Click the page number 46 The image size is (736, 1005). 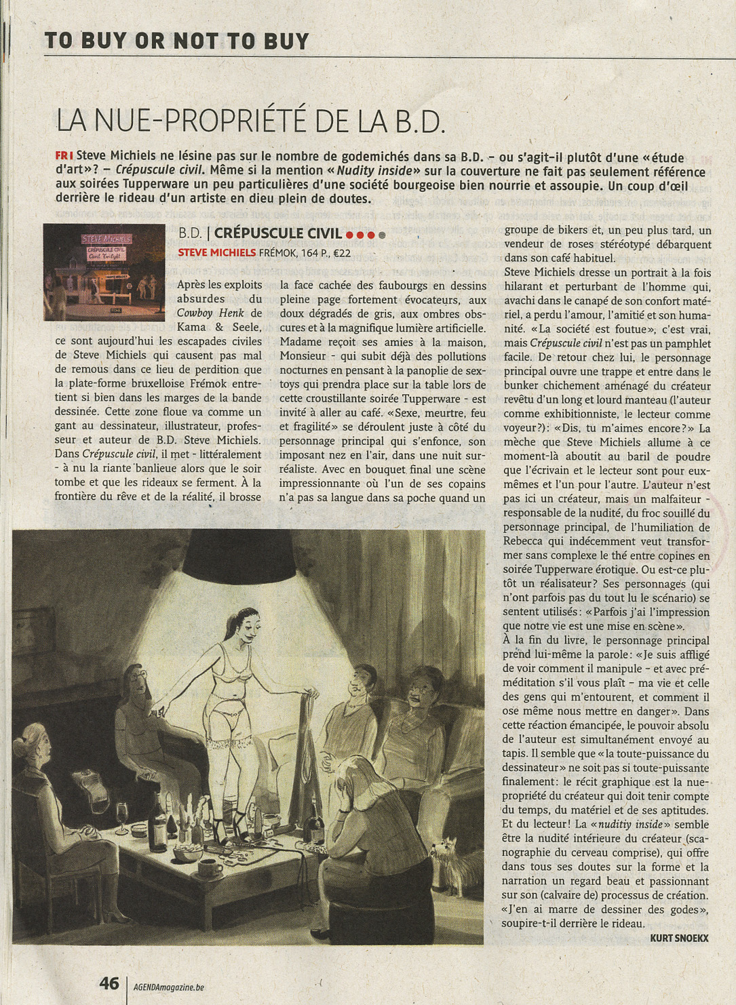[109, 983]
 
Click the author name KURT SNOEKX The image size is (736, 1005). [679, 938]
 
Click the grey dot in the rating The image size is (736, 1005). [382, 235]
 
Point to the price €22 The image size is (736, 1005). [342, 253]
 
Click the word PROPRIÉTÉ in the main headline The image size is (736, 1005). [234, 121]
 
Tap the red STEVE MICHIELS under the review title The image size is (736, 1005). [216, 253]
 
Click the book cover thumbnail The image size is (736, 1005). [104, 272]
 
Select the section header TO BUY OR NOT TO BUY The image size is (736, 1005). [176, 41]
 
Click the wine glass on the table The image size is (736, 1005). [122, 813]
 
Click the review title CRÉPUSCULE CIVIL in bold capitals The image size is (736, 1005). [277, 233]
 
